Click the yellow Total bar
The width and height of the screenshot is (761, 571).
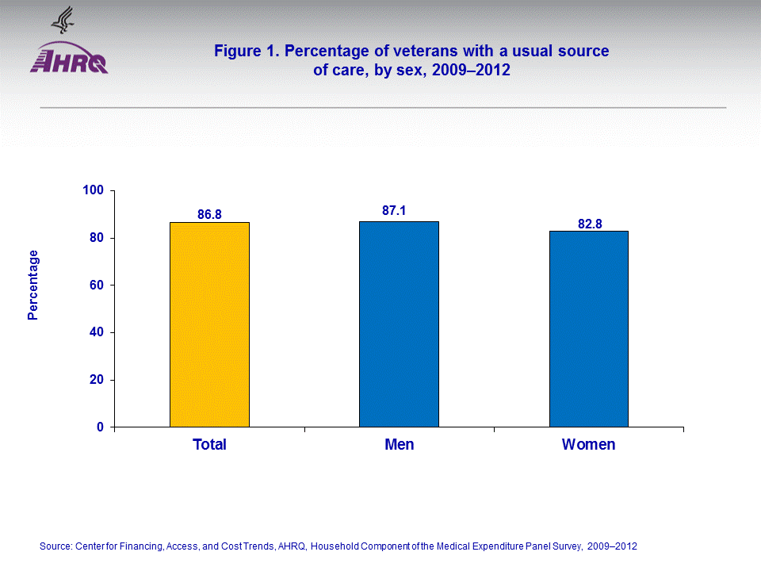tap(209, 325)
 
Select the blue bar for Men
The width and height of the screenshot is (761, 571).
tap(399, 324)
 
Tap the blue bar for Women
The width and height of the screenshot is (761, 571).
tap(588, 329)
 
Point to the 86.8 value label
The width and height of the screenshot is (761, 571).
tap(209, 214)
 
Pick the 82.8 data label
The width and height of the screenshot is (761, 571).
tap(590, 224)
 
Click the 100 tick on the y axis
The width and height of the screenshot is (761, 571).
tap(94, 190)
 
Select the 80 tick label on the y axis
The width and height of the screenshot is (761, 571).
tap(97, 238)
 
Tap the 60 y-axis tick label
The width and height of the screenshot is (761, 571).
tap(97, 285)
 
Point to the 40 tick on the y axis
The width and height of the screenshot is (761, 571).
tap(97, 332)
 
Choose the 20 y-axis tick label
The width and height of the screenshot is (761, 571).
tap(97, 380)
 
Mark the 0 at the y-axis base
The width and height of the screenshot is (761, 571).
tap(100, 427)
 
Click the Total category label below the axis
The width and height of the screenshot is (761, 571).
tap(209, 445)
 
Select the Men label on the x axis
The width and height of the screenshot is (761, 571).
tap(399, 445)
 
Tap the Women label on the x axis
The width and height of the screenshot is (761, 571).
tap(588, 445)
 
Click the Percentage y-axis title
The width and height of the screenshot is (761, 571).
tap(33, 285)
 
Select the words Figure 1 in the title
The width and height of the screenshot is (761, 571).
tap(245, 52)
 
